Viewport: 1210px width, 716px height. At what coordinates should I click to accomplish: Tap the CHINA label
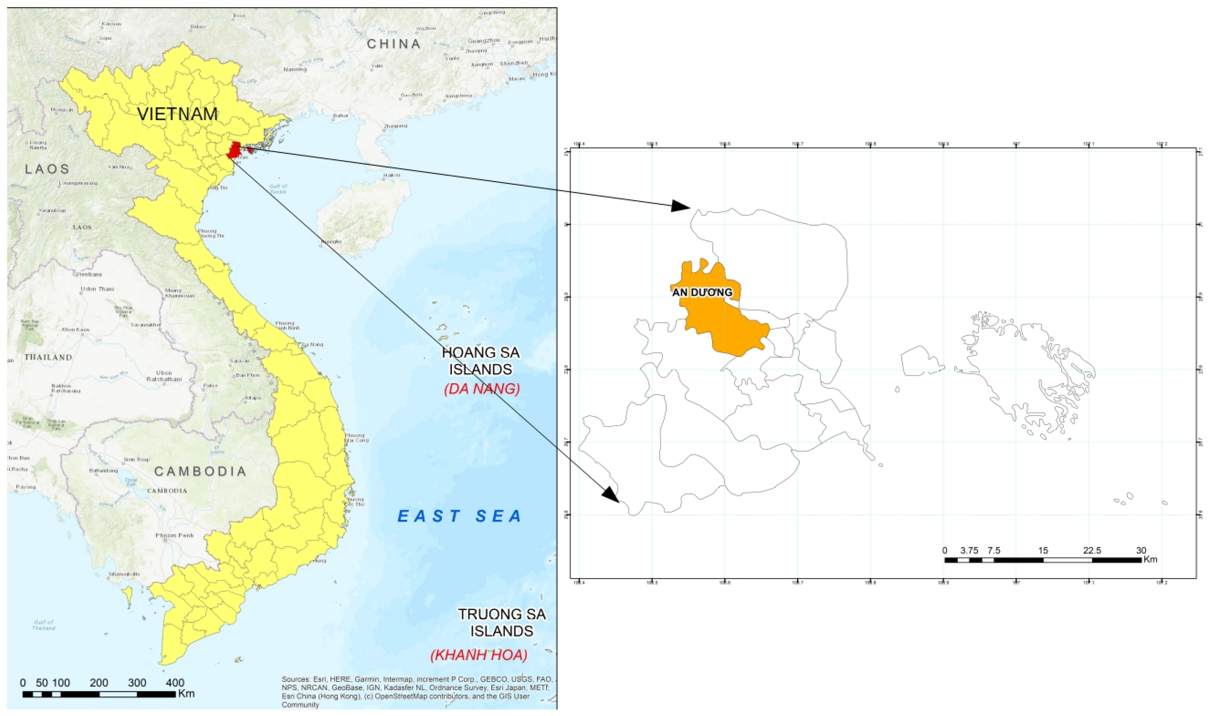[x=393, y=44]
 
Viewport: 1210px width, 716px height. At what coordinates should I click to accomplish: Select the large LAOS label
[x=47, y=169]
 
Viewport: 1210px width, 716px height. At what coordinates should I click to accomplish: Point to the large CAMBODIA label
[x=200, y=471]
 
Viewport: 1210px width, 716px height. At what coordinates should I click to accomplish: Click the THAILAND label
[x=48, y=358]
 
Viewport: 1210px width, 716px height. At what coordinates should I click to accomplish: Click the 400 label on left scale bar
[x=175, y=683]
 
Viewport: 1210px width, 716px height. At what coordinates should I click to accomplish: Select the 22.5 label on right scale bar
[x=1092, y=551]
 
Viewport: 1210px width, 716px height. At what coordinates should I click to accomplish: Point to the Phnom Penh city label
[x=174, y=536]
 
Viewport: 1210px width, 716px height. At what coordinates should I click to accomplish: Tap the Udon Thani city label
[x=97, y=289]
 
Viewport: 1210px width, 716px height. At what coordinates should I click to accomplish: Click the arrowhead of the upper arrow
[x=682, y=206]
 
